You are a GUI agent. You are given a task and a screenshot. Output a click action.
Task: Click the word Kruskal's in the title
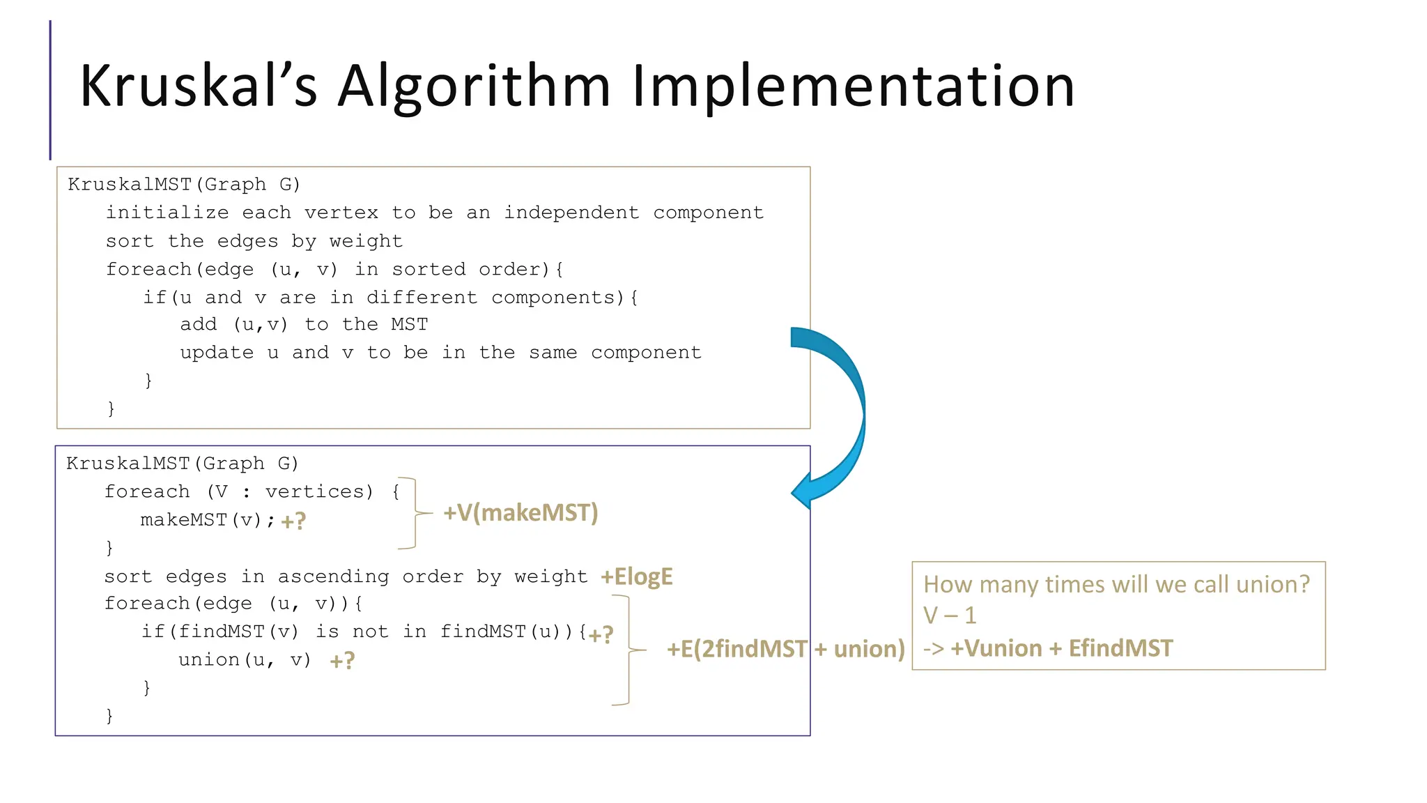(x=199, y=86)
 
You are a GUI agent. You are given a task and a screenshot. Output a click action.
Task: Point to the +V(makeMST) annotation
(x=520, y=513)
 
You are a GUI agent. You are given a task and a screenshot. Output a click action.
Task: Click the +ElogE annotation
(x=637, y=576)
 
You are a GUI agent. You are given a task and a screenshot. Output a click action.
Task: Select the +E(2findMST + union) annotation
(x=785, y=649)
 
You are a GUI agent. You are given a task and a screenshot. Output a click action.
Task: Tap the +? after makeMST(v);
(x=293, y=521)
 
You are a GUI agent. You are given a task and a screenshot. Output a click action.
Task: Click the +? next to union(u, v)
(x=342, y=661)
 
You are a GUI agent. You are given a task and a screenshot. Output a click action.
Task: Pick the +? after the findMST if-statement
(x=601, y=634)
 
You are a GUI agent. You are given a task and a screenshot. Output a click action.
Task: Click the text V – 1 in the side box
(x=950, y=615)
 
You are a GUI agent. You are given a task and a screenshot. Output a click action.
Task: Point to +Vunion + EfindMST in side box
(x=1061, y=648)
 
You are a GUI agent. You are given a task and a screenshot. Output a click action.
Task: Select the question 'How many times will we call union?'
(x=1116, y=584)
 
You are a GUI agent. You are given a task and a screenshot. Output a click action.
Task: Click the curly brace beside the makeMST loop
(x=416, y=514)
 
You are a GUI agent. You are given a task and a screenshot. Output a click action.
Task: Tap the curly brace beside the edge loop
(x=629, y=650)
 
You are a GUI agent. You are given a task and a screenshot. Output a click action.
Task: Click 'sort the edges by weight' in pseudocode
(x=254, y=241)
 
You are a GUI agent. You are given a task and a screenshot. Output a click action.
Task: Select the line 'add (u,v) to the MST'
(x=304, y=324)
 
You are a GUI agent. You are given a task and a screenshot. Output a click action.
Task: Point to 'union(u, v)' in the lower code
(x=245, y=659)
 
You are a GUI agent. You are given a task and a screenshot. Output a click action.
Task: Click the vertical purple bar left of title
(x=50, y=90)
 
